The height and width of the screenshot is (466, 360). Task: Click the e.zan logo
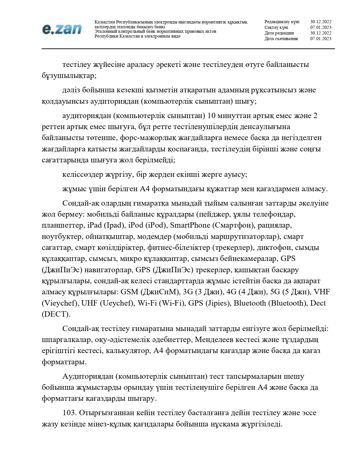62,29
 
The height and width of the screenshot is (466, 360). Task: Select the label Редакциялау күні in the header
282,22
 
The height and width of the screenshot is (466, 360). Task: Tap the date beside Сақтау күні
321,27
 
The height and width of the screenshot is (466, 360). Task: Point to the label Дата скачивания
281,39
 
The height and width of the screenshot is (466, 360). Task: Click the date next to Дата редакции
321,33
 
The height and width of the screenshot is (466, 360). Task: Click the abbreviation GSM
129,292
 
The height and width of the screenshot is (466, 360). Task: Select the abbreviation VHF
322,292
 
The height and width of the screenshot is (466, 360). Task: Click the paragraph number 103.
69,413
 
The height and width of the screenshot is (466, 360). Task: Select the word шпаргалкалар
66,339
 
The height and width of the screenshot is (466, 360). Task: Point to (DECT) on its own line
56,314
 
